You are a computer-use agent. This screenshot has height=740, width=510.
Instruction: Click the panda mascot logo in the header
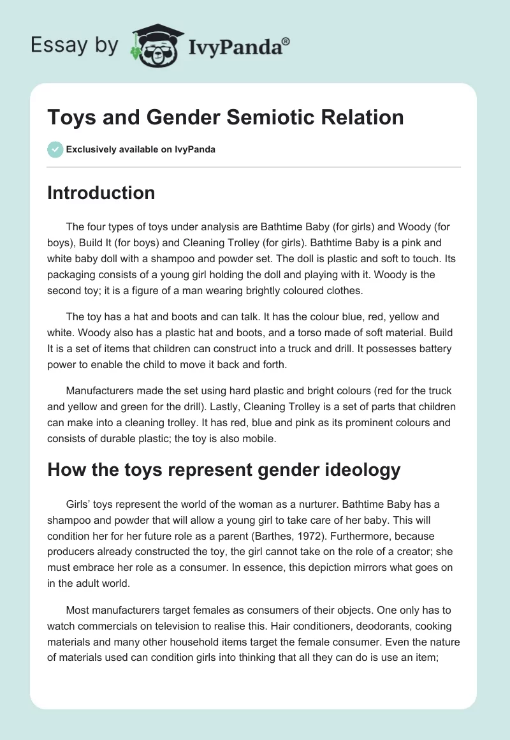pyautogui.click(x=152, y=45)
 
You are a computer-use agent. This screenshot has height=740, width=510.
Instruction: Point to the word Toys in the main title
pyautogui.click(x=69, y=117)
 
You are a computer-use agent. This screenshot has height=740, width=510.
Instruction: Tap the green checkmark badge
pyautogui.click(x=55, y=149)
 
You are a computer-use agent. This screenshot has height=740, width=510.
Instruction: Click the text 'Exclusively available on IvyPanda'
pyautogui.click(x=141, y=150)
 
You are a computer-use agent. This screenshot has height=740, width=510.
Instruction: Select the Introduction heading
pyautogui.click(x=101, y=193)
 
